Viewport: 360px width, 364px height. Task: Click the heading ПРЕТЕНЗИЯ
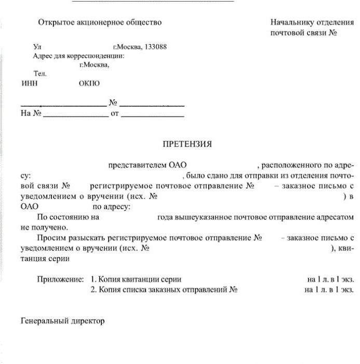click(x=187, y=144)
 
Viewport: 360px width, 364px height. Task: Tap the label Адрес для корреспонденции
click(x=78, y=56)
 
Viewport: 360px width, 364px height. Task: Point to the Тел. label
click(x=40, y=74)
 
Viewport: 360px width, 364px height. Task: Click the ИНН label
click(x=29, y=83)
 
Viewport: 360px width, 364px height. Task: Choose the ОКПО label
click(x=89, y=83)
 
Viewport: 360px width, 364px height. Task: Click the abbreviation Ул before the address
click(x=36, y=47)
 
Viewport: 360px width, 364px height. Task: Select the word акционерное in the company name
click(x=99, y=22)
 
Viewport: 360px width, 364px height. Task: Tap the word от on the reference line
click(x=115, y=113)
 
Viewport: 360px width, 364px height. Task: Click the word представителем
click(x=138, y=166)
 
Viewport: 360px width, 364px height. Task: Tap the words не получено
click(x=44, y=227)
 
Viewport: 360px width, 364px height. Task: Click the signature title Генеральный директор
click(x=63, y=321)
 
